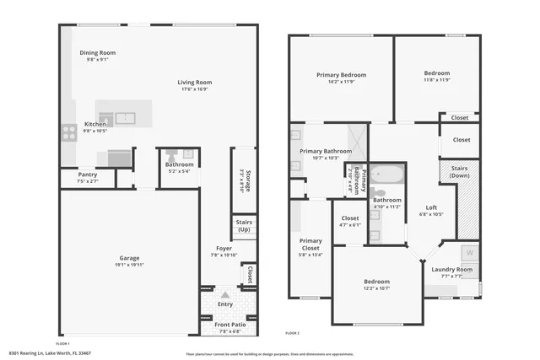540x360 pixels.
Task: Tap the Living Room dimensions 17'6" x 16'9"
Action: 193,89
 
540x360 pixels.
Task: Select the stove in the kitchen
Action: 68,132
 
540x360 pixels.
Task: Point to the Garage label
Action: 129,257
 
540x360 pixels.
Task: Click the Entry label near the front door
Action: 224,304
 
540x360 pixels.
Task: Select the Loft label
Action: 431,207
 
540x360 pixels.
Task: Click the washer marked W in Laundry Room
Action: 469,253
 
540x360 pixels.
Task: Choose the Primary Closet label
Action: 310,244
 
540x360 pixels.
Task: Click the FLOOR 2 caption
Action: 293,333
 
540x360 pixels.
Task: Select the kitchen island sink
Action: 124,117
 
